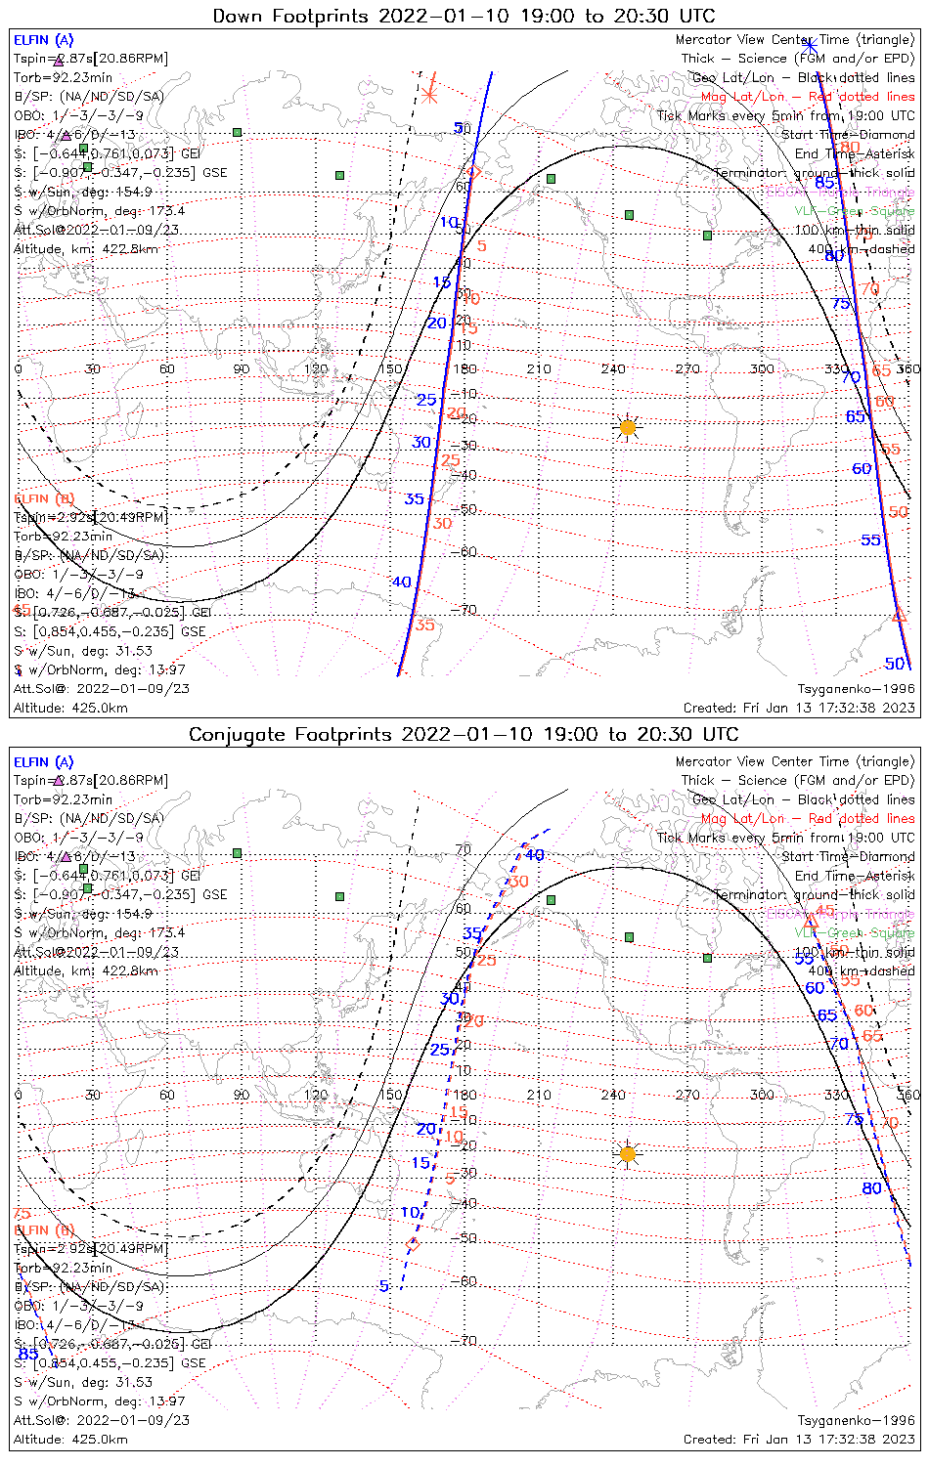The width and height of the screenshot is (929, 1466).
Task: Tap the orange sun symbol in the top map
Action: click(628, 427)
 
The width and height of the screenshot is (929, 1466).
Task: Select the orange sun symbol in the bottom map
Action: click(628, 1154)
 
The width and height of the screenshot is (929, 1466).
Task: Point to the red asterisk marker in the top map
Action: click(430, 95)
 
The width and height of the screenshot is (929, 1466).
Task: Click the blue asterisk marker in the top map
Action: click(810, 45)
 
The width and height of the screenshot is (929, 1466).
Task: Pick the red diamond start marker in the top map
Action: click(473, 172)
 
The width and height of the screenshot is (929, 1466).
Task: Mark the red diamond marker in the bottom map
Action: click(413, 1245)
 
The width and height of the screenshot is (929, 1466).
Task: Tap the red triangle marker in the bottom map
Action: click(810, 922)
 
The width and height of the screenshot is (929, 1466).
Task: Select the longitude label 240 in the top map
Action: click(613, 368)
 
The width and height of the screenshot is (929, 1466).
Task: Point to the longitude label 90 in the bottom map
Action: click(241, 1095)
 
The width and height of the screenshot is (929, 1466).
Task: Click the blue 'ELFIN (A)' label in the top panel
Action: click(44, 40)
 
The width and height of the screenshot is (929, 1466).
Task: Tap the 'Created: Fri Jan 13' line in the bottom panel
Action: click(799, 1439)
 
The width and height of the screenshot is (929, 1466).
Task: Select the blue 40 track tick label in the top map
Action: click(401, 582)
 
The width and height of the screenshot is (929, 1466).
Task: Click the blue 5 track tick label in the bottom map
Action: click(384, 1286)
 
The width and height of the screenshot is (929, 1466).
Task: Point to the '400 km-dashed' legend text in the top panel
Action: click(862, 248)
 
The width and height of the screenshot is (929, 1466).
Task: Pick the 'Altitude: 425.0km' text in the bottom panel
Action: click(70, 1439)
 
